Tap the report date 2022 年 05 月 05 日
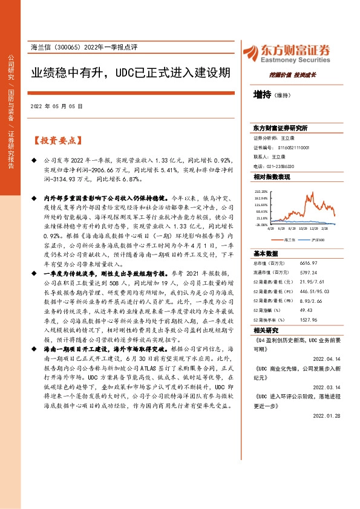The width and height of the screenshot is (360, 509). click(x=56, y=106)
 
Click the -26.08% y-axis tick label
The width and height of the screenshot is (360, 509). click(x=261, y=224)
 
